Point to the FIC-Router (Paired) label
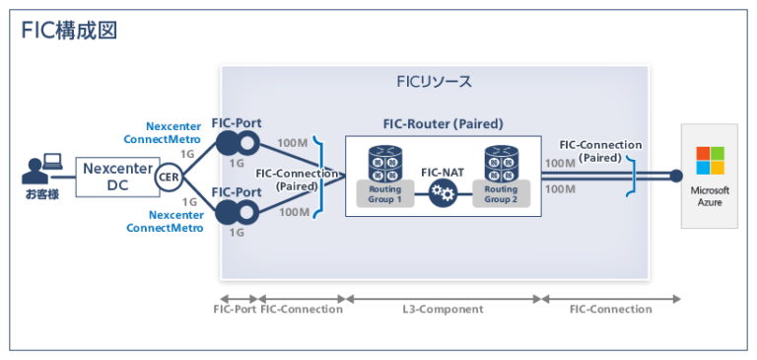[x=443, y=124]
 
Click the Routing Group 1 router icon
[x=384, y=163]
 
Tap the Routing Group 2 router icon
[x=500, y=163]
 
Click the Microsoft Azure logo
[x=710, y=161]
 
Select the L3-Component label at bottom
[x=443, y=309]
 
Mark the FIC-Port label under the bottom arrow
[x=235, y=309]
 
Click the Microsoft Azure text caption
[x=710, y=195]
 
